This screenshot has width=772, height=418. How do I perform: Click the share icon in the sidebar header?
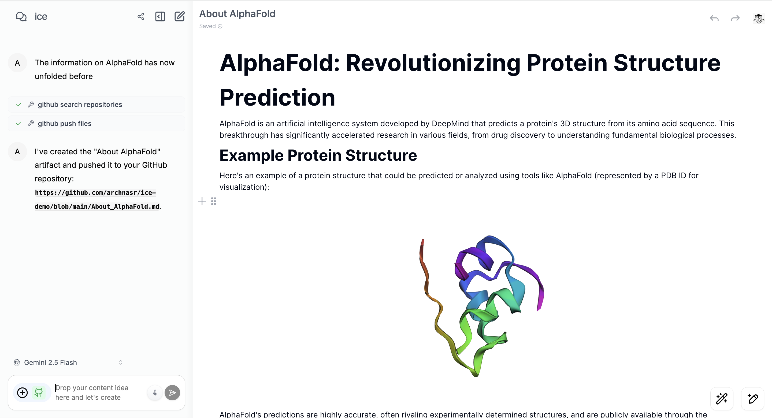tap(141, 17)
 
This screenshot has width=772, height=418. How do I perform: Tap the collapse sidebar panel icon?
tap(160, 17)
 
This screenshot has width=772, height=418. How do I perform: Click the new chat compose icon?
tap(180, 16)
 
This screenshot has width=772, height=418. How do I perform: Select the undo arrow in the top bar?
tap(714, 18)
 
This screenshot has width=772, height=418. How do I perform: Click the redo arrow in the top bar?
tap(735, 18)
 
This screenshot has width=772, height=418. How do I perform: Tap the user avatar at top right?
tap(759, 18)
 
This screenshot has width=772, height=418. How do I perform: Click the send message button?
tap(172, 393)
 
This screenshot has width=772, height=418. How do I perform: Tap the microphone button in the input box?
tap(155, 393)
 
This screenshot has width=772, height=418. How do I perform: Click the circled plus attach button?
tap(23, 393)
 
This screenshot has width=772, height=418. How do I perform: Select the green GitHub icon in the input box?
tap(39, 393)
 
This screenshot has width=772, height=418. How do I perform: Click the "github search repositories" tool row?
tap(96, 104)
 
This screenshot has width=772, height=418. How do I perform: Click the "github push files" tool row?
tap(96, 124)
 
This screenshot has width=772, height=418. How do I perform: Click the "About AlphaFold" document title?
tap(237, 14)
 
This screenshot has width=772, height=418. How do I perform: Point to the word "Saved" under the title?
tap(207, 26)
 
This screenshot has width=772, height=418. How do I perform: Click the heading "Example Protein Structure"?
tap(318, 155)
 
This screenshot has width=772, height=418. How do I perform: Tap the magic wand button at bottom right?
tap(722, 399)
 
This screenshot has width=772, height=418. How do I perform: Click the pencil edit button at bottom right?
tap(752, 399)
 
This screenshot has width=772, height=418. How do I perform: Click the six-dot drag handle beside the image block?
tap(213, 201)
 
